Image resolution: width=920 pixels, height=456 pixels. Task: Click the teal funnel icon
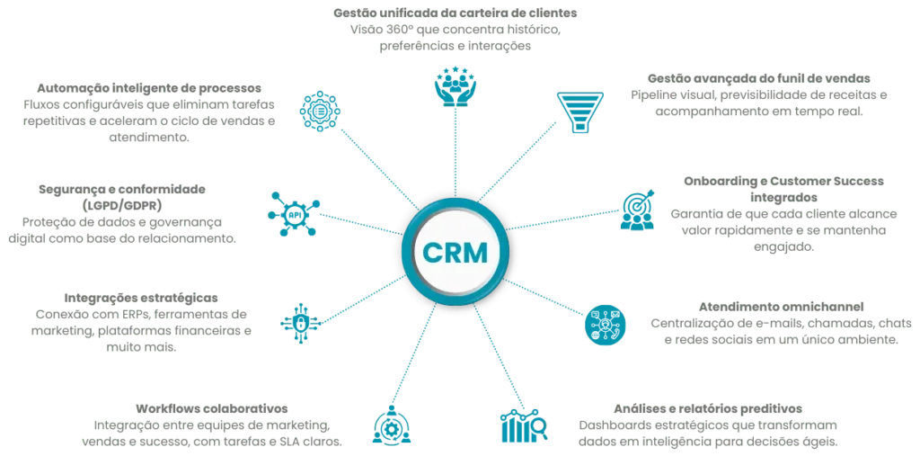pyautogui.click(x=571, y=111)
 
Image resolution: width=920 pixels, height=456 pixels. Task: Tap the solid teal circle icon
pyautogui.click(x=604, y=325)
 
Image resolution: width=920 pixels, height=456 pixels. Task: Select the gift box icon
pyautogui.click(x=519, y=426)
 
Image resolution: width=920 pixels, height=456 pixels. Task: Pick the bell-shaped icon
pyautogui.click(x=392, y=425)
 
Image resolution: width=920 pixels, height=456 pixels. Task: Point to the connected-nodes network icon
pyautogui.click(x=294, y=214)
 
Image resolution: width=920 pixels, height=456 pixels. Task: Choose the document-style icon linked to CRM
pyautogui.click(x=638, y=212)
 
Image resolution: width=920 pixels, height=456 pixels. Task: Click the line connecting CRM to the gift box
pyautogui.click(x=495, y=359)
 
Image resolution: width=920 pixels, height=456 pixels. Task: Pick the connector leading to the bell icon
pyautogui.click(x=415, y=361)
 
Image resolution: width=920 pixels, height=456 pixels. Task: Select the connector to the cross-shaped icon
pyautogui.click(x=355, y=299)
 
